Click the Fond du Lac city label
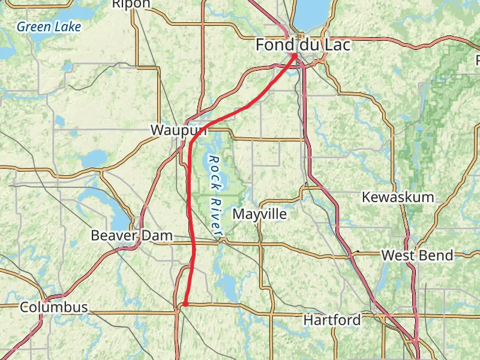(302, 45)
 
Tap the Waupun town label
(179, 130)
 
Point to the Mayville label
(259, 214)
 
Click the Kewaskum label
(397, 197)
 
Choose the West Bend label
(417, 256)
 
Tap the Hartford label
(332, 320)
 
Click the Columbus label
(53, 307)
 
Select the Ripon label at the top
(131, 4)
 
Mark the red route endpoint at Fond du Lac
(294, 56)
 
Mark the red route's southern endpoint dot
(185, 304)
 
